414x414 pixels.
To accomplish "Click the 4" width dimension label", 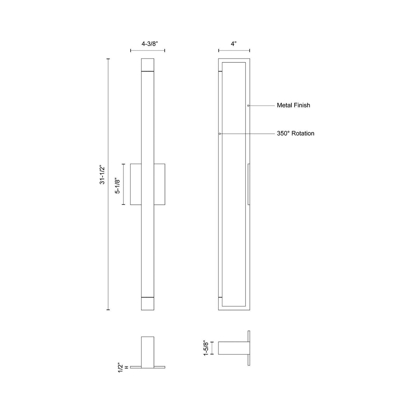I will coord(234,44).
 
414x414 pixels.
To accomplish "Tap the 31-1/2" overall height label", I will coord(102,174).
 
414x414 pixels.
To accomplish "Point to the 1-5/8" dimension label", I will coord(206,348).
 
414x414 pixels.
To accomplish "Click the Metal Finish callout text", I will coord(293,105).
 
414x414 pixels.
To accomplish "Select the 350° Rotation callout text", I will coord(295,134).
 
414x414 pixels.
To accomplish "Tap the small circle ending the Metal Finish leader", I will coord(248,106).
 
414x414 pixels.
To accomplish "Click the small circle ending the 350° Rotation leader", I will coord(220,134).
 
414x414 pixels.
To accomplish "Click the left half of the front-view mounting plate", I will coord(136,184).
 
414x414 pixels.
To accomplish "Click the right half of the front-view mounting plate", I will coord(159,184).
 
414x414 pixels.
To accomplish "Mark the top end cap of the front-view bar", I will coord(148,64).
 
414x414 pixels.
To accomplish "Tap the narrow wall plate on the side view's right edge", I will coord(249,184).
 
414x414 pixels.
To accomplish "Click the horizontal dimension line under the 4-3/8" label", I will coord(148,51).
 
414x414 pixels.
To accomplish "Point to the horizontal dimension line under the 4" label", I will coord(234,51).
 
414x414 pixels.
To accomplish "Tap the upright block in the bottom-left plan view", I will coord(148,352).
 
